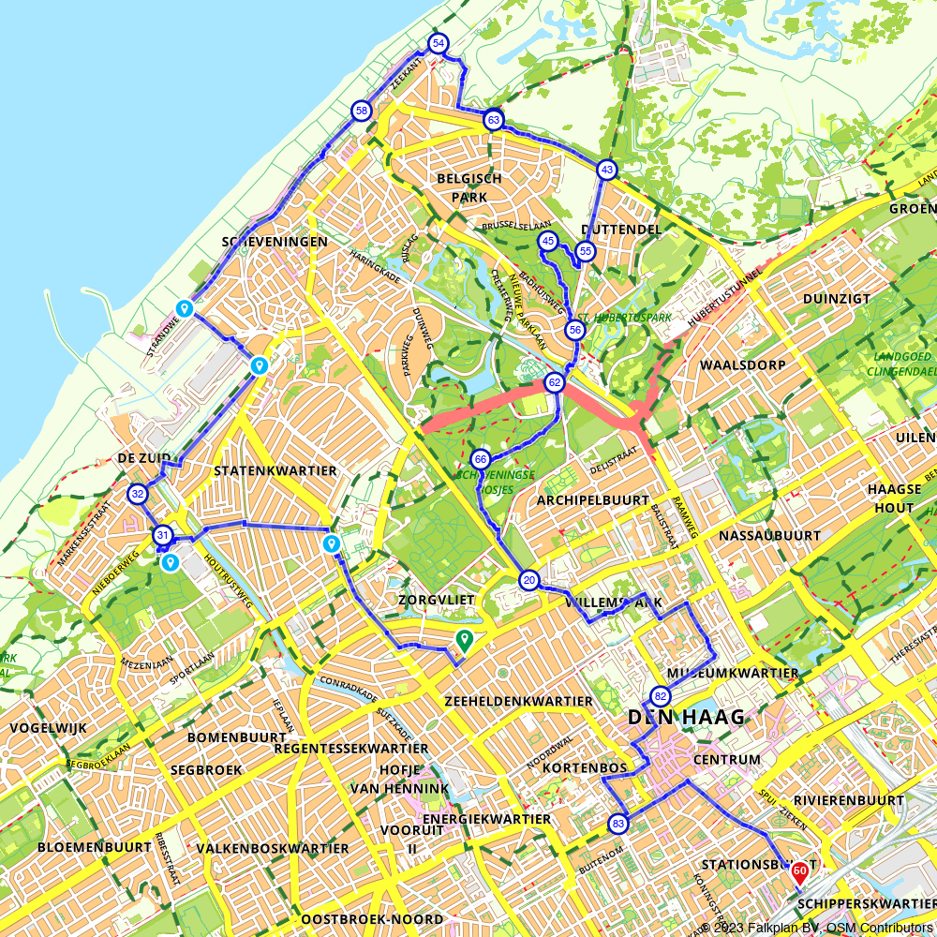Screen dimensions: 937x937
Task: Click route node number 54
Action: [438, 44]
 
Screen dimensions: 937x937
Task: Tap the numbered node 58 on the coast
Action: [361, 112]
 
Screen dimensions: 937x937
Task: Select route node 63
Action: [494, 120]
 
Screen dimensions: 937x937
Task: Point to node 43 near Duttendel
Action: [607, 170]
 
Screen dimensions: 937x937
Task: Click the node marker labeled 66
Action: [481, 459]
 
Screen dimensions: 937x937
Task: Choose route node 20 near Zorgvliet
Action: [528, 581]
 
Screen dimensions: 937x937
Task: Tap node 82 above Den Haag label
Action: [661, 696]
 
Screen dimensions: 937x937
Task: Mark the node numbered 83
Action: [617, 824]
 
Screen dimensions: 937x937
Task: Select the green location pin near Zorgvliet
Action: [463, 640]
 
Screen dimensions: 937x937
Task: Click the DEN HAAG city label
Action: [686, 718]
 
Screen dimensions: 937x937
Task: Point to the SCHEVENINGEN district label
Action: [275, 242]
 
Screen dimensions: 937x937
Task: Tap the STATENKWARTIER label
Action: [275, 470]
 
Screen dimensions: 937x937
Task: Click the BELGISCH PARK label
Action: [468, 187]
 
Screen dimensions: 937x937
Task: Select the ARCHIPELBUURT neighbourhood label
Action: [592, 500]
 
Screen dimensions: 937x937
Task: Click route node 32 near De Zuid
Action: [138, 494]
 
